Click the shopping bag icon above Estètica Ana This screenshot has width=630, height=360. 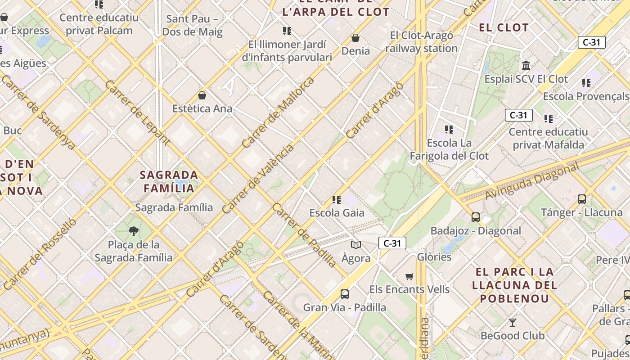pyautogui.click(x=202, y=95)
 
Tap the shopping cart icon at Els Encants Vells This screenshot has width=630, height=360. pyautogui.click(x=409, y=276)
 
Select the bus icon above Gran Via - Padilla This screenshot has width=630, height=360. pyautogui.click(x=345, y=294)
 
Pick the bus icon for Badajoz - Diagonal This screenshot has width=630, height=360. pyautogui.click(x=476, y=217)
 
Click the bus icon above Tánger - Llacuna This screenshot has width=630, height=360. pyautogui.click(x=582, y=199)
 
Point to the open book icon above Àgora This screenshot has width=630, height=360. pyautogui.click(x=356, y=245)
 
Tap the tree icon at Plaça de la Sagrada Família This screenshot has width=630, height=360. pyautogui.click(x=133, y=231)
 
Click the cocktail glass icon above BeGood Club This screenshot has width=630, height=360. pyautogui.click(x=512, y=322)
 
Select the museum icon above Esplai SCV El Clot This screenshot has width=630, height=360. pyautogui.click(x=526, y=66)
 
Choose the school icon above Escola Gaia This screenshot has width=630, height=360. pyautogui.click(x=337, y=200)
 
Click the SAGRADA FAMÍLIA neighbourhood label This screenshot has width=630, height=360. pyautogui.click(x=169, y=181)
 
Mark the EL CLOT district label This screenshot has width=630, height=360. pyautogui.click(x=504, y=28)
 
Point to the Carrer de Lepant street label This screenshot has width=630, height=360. pyautogui.click(x=137, y=113)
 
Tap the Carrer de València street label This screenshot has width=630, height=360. pyautogui.click(x=258, y=178)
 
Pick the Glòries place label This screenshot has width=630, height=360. pyautogui.click(x=434, y=257)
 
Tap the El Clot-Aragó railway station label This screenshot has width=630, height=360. pyautogui.click(x=422, y=42)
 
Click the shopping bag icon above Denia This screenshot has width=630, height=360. pyautogui.click(x=355, y=38)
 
